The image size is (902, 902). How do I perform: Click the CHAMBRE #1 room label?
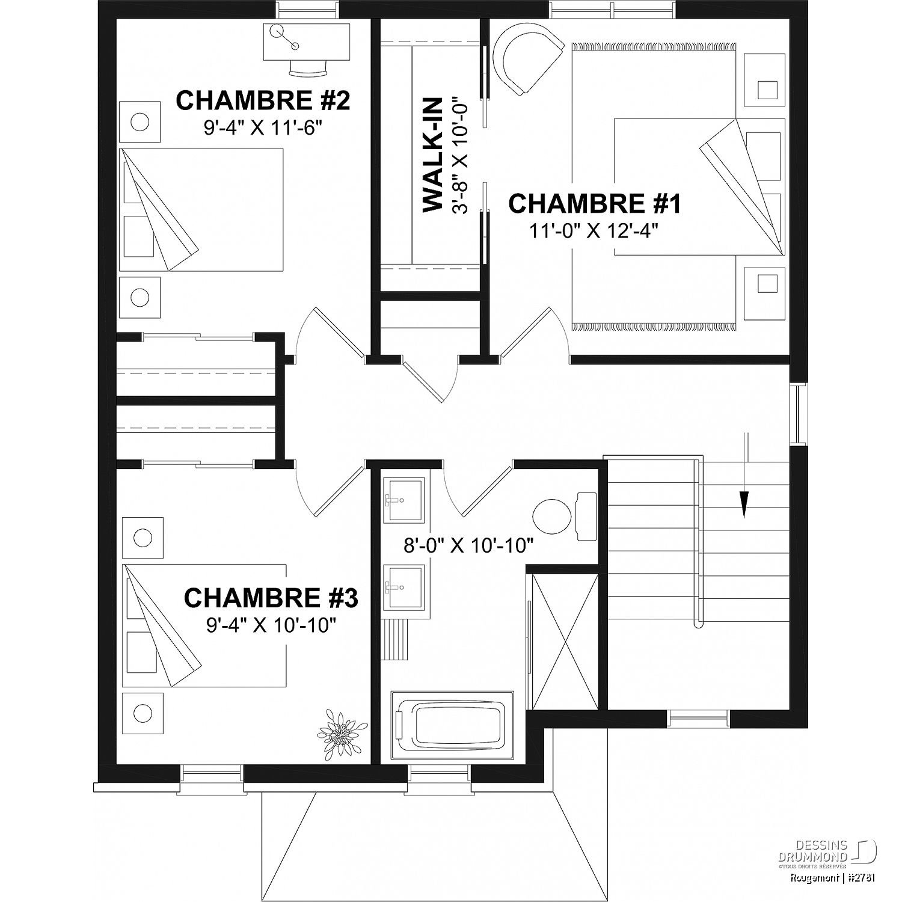point(595,204)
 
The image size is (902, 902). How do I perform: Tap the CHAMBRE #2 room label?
point(263,100)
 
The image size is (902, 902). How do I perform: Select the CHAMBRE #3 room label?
point(271,598)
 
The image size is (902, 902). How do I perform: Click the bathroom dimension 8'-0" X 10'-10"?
point(469,545)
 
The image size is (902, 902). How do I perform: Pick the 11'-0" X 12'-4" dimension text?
point(594,231)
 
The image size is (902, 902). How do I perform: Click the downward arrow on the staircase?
point(745,475)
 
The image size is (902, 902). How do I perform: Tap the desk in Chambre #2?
point(307,42)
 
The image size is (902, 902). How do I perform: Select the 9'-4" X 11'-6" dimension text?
point(263,128)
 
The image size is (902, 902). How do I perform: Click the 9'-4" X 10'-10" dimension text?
point(271,625)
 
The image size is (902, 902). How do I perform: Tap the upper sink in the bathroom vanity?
point(405,499)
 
